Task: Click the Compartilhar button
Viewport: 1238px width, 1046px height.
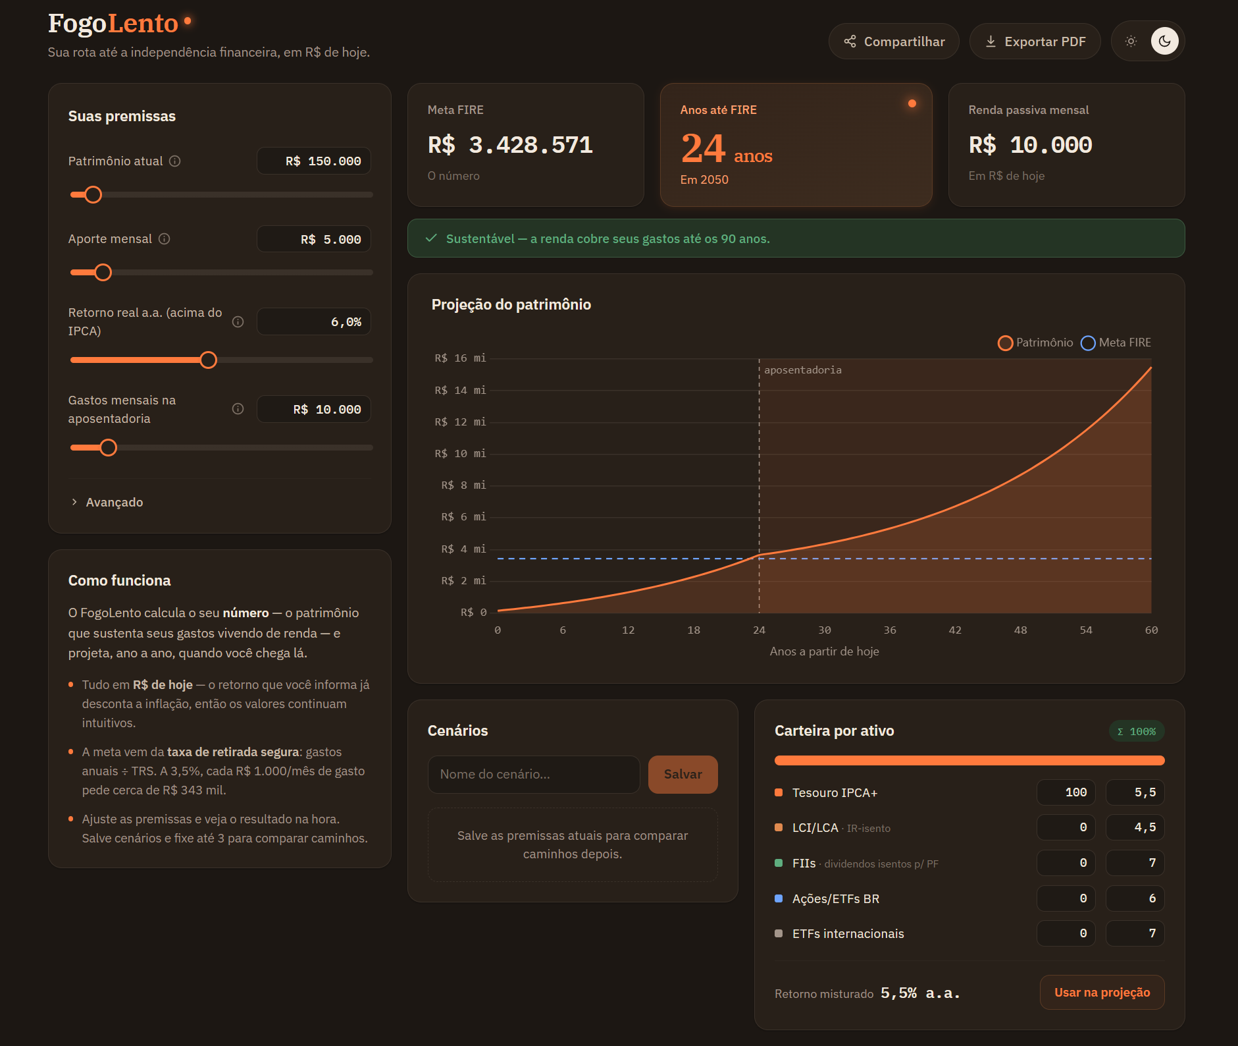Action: point(894,41)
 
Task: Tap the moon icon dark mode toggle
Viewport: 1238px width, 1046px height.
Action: point(1164,41)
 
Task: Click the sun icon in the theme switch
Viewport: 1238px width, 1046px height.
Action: point(1131,41)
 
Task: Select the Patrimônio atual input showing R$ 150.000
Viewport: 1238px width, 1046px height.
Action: point(314,161)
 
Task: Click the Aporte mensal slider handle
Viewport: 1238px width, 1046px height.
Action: point(103,272)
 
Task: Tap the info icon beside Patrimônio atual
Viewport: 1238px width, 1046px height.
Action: point(175,161)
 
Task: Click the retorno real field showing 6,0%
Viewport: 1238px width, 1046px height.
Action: point(314,321)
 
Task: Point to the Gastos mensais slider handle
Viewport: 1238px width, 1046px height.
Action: point(109,448)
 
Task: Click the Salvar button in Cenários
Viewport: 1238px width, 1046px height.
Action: point(683,774)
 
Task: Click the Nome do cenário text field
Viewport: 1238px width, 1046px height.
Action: point(534,774)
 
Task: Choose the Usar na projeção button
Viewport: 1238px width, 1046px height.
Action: point(1102,992)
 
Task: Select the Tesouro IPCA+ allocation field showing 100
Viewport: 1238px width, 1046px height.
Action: point(1066,792)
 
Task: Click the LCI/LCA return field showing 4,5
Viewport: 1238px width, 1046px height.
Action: point(1135,827)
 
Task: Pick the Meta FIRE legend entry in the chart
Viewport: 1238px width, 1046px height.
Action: point(1116,343)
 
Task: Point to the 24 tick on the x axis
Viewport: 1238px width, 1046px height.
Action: point(759,630)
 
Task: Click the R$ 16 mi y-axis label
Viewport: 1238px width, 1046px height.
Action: point(460,358)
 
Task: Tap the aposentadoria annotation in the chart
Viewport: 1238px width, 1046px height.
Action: point(803,370)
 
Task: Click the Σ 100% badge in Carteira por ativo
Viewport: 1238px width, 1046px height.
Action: point(1137,731)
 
